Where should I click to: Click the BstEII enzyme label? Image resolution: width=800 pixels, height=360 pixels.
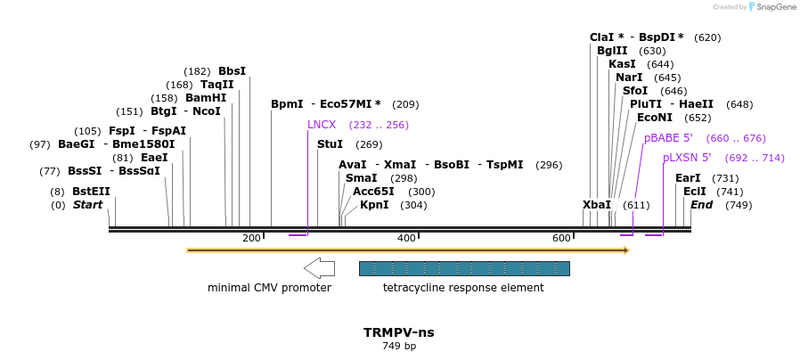tap(91, 192)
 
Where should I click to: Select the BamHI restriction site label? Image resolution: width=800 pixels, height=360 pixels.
tap(206, 98)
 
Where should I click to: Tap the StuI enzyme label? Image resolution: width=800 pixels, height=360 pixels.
tap(330, 144)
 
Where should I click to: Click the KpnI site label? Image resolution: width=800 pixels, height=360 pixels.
tap(374, 205)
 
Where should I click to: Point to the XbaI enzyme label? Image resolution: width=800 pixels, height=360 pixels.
tap(597, 205)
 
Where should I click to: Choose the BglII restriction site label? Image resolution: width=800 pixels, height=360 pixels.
tap(612, 51)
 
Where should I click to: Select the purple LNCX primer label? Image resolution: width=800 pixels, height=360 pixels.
tap(322, 125)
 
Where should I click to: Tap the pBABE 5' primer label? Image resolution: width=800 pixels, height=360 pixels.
tap(668, 138)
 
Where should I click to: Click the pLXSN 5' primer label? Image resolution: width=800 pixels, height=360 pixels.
tap(687, 158)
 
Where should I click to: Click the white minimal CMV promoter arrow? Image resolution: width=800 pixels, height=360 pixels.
tap(319, 267)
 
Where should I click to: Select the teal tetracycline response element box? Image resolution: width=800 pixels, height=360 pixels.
tap(463, 268)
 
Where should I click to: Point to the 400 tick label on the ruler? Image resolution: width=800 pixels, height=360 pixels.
tap(406, 238)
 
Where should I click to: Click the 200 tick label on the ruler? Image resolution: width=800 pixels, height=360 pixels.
tap(251, 238)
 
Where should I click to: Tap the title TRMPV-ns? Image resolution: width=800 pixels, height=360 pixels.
tap(399, 332)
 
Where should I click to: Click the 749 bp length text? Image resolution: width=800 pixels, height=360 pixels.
tap(399, 346)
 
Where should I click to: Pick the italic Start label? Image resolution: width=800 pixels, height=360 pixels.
tap(87, 205)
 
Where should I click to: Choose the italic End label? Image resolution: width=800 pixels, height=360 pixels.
tap(701, 205)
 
